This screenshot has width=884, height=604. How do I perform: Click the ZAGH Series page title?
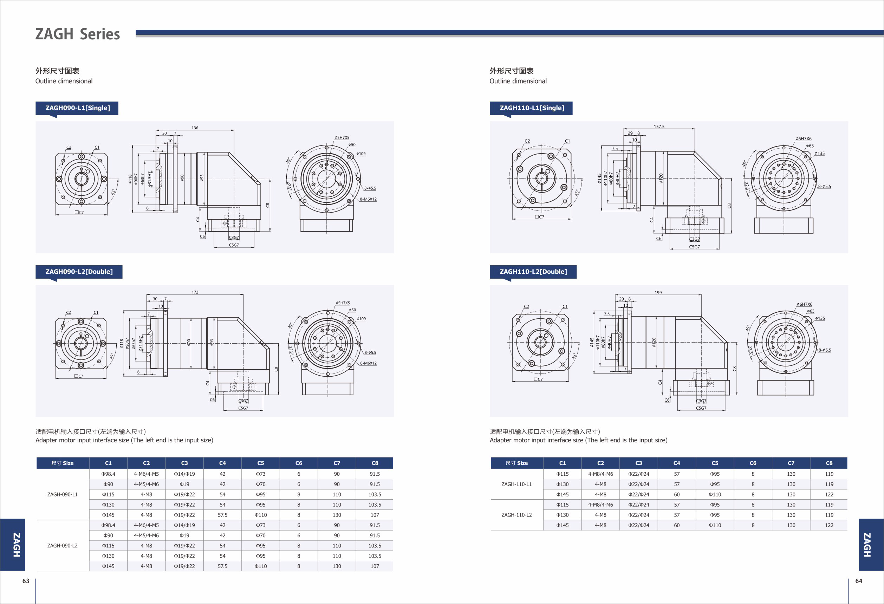pyautogui.click(x=78, y=34)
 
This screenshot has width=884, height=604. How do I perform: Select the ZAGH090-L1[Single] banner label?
pyautogui.click(x=78, y=108)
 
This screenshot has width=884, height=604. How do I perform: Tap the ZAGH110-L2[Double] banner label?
pyautogui.click(x=533, y=272)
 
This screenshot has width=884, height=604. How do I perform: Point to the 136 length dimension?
pyautogui.click(x=195, y=128)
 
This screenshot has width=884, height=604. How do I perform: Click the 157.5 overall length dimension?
pyautogui.click(x=659, y=126)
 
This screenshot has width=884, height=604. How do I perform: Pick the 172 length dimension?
pyautogui.click(x=195, y=292)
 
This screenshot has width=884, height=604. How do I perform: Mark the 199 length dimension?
pyautogui.click(x=658, y=292)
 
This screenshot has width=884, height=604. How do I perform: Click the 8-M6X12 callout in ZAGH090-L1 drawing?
pyautogui.click(x=368, y=199)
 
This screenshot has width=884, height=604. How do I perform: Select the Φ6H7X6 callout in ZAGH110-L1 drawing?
pyautogui.click(x=803, y=139)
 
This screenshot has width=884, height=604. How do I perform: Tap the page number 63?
pyautogui.click(x=26, y=581)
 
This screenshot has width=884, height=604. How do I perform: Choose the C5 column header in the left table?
pyautogui.click(x=261, y=463)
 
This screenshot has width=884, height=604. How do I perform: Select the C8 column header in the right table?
pyautogui.click(x=829, y=463)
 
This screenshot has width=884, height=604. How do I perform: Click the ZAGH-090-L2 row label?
pyautogui.click(x=63, y=545)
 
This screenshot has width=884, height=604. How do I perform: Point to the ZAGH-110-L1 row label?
pyautogui.click(x=516, y=484)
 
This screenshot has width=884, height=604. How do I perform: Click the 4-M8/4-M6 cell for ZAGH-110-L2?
pyautogui.click(x=600, y=505)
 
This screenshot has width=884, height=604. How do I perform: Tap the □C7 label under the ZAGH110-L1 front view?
pyautogui.click(x=539, y=217)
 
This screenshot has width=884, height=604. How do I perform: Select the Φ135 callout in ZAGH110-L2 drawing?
pyautogui.click(x=820, y=318)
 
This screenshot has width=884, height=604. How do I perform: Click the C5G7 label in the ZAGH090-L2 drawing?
pyautogui.click(x=243, y=408)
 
